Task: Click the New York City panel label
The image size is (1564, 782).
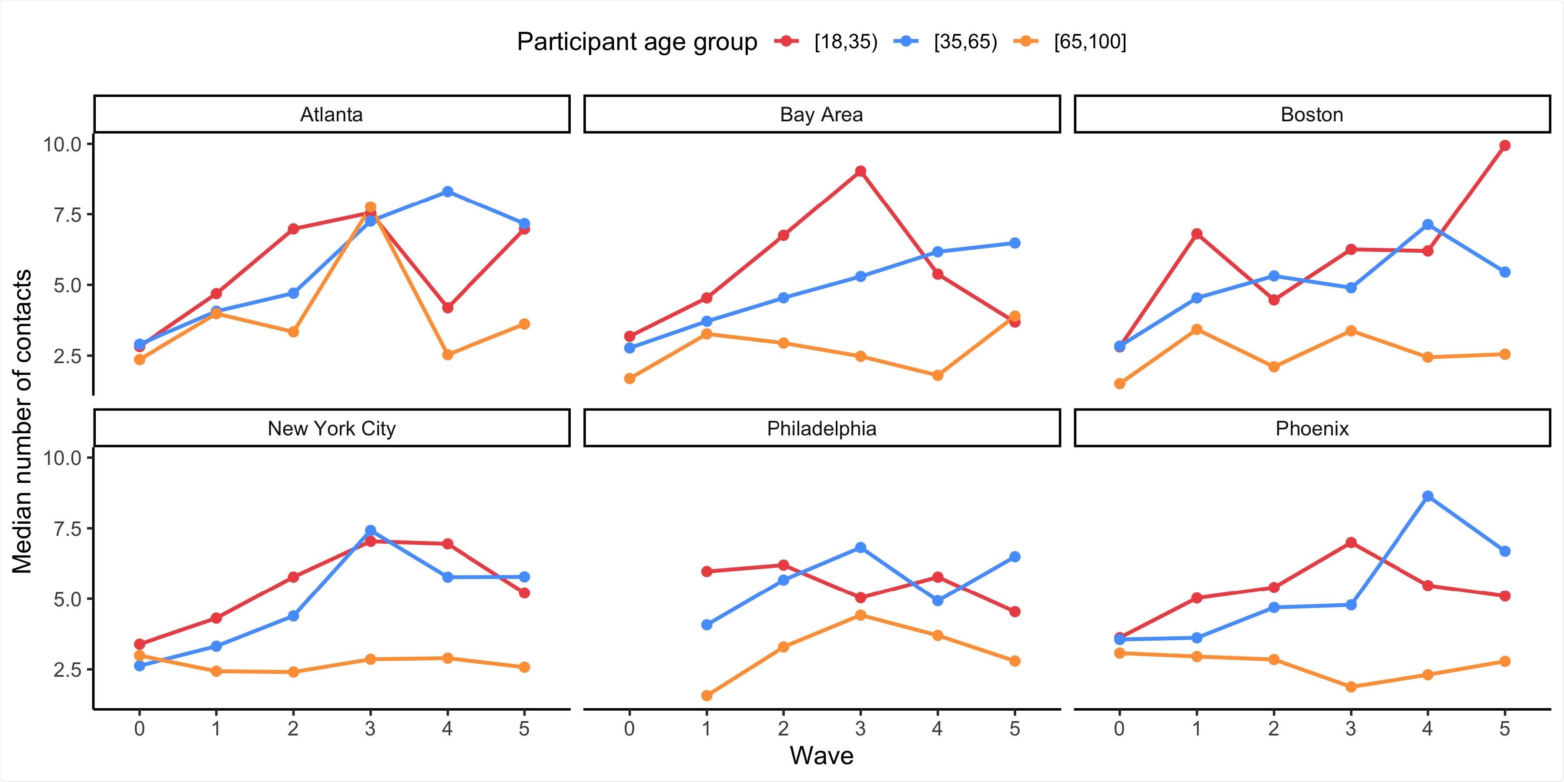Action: (x=332, y=429)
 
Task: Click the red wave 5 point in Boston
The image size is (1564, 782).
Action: (x=1504, y=146)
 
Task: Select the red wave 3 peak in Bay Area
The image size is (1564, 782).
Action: (x=861, y=171)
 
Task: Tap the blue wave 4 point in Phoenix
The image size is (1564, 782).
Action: (x=1427, y=496)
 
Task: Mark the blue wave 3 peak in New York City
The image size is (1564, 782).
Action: (x=370, y=531)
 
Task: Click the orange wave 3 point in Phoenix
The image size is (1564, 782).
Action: (x=1351, y=687)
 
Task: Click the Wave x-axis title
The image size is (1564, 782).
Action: (x=821, y=756)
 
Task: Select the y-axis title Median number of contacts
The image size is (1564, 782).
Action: (x=23, y=421)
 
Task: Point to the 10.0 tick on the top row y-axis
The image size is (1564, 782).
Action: (x=61, y=144)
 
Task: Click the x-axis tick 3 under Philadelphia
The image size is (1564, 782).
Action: (x=861, y=729)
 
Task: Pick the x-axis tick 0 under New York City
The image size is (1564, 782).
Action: (x=139, y=729)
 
